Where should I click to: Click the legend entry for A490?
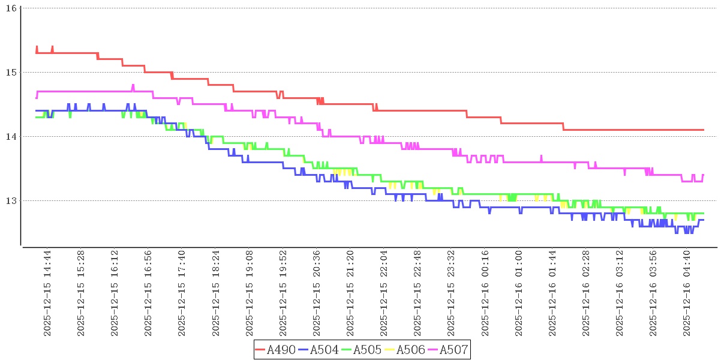coord(275,350)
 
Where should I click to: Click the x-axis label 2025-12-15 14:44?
coord(48,294)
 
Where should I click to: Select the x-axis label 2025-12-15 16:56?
coord(149,294)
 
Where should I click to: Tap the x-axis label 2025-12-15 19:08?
coord(250,294)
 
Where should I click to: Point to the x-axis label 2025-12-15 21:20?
coord(351,294)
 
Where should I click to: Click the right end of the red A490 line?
coord(703,130)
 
